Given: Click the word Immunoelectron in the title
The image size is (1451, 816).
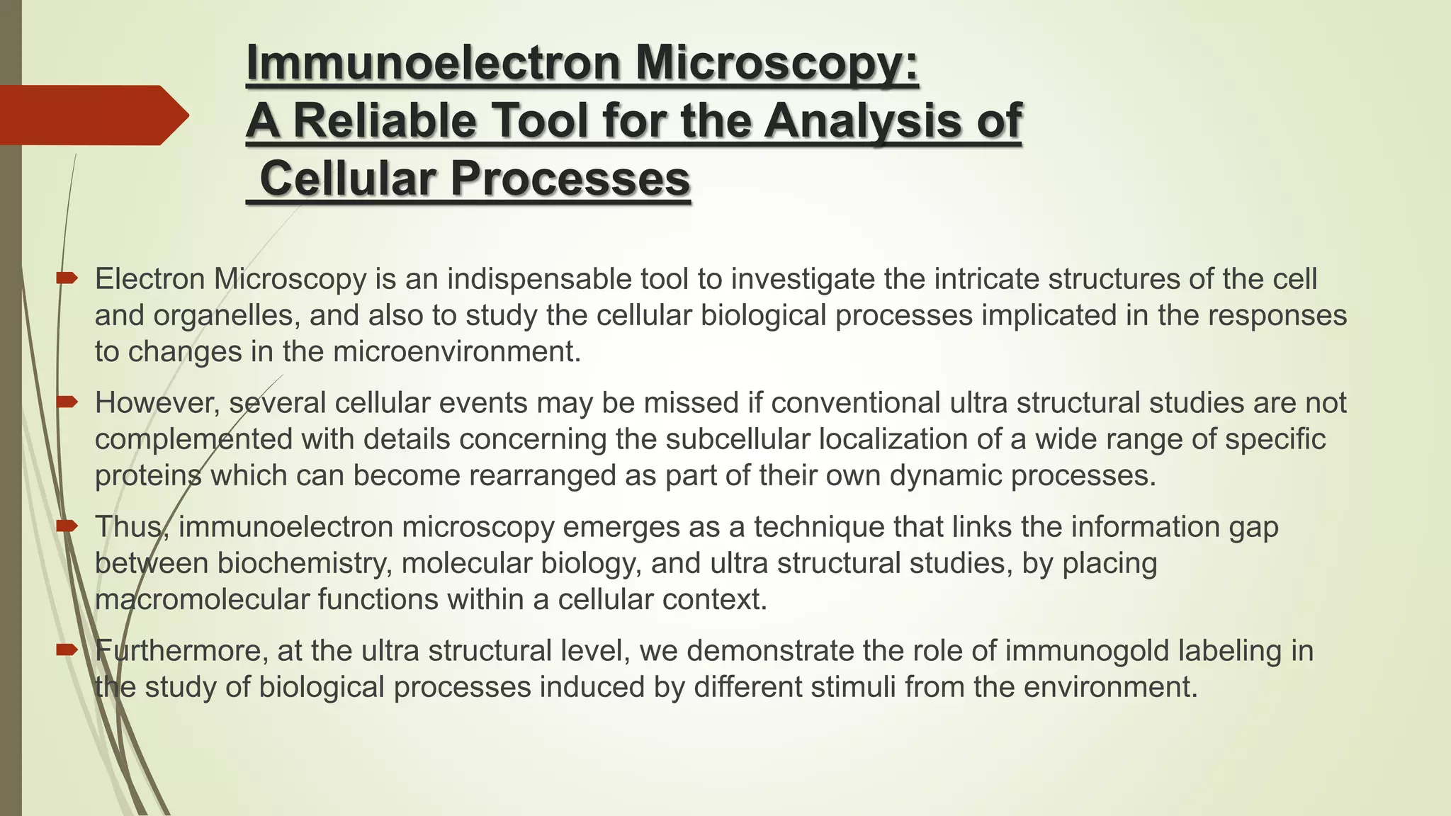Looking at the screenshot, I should pos(433,64).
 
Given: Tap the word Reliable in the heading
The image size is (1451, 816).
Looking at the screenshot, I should pos(385,121).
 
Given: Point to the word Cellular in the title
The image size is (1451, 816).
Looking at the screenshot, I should pos(348,178).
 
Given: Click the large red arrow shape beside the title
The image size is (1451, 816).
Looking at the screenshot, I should pos(92,115).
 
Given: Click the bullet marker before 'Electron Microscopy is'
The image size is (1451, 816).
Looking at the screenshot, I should pos(67,278).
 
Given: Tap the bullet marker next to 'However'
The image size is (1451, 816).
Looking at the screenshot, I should pos(67,402).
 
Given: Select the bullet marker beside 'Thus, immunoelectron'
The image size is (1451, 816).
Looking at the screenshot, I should pos(67,526).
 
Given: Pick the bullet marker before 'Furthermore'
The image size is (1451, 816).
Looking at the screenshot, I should pos(67,650).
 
